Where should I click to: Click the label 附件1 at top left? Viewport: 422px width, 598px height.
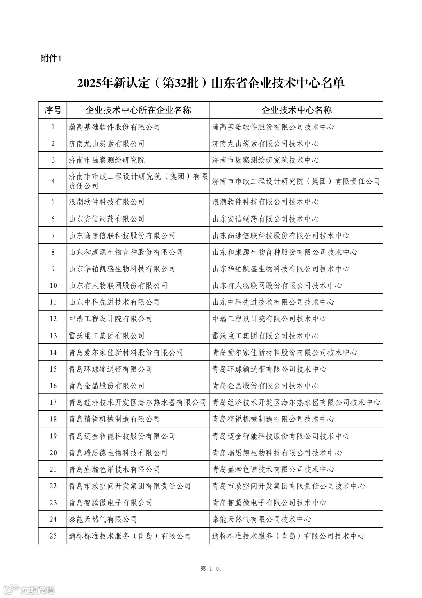[x=51, y=59]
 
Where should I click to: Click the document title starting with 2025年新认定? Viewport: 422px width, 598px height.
[x=211, y=83]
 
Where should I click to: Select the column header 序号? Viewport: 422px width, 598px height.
[x=53, y=110]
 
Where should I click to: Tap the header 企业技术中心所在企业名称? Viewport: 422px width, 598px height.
[x=138, y=110]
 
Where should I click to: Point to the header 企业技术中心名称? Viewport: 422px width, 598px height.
[x=296, y=110]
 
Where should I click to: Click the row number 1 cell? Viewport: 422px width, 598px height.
[x=53, y=127]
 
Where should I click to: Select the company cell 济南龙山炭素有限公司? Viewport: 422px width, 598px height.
[x=107, y=144]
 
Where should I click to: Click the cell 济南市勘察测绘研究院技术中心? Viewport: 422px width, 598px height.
[x=265, y=160]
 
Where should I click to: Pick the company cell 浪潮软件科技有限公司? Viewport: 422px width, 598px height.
[x=107, y=202]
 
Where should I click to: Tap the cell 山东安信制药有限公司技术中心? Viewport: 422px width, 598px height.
[x=265, y=219]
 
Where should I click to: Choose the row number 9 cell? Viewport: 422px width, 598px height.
[x=53, y=269]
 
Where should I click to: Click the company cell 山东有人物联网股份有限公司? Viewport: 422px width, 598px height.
[x=118, y=286]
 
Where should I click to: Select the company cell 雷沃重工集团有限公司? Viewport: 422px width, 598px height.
[x=107, y=336]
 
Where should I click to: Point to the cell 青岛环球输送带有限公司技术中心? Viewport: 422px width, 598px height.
[x=269, y=369]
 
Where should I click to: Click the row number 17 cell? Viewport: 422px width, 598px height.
[x=53, y=402]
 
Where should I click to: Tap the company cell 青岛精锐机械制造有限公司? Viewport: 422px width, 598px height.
[x=114, y=419]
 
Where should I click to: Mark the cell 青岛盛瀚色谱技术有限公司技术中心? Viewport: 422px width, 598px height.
[x=273, y=469]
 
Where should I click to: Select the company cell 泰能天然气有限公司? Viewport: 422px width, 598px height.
[x=103, y=519]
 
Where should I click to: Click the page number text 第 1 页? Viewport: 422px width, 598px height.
[x=211, y=569]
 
